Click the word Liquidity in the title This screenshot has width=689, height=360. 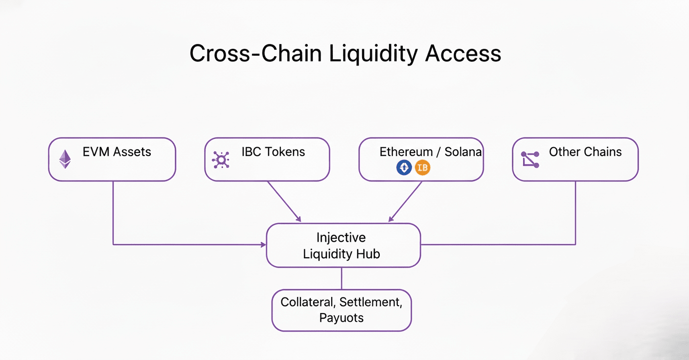(373, 54)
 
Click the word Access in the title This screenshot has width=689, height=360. (463, 53)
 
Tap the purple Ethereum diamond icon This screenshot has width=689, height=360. (65, 159)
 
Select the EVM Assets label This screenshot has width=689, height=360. (117, 152)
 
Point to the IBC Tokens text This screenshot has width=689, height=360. (273, 152)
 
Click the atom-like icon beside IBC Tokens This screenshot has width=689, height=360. (221, 159)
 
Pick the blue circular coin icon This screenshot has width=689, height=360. (404, 168)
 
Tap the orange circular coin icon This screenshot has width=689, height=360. (423, 168)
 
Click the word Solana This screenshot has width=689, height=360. (463, 152)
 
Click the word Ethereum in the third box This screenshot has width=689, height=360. (406, 152)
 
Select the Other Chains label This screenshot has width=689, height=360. (585, 152)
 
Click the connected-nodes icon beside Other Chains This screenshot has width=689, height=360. (530, 159)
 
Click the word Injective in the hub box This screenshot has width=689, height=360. (341, 238)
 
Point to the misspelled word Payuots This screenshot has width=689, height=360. (342, 318)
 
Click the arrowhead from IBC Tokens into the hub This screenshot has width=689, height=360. (298, 219)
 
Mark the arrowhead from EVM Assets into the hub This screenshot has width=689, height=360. (263, 245)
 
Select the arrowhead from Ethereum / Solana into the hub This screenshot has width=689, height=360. (391, 219)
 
